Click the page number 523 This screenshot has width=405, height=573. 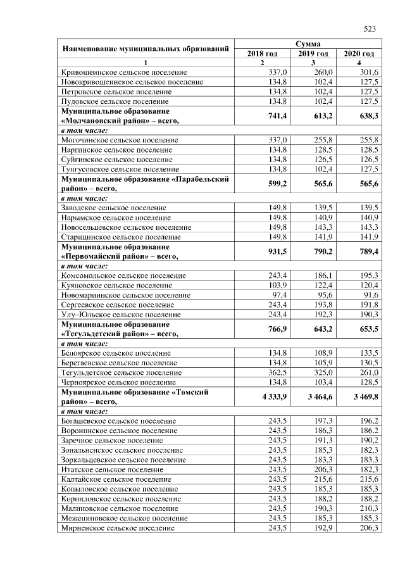click(370, 28)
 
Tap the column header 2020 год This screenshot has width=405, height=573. click(358, 54)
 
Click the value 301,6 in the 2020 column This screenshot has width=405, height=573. click(368, 73)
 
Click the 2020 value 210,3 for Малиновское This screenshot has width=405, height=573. click(368, 508)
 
